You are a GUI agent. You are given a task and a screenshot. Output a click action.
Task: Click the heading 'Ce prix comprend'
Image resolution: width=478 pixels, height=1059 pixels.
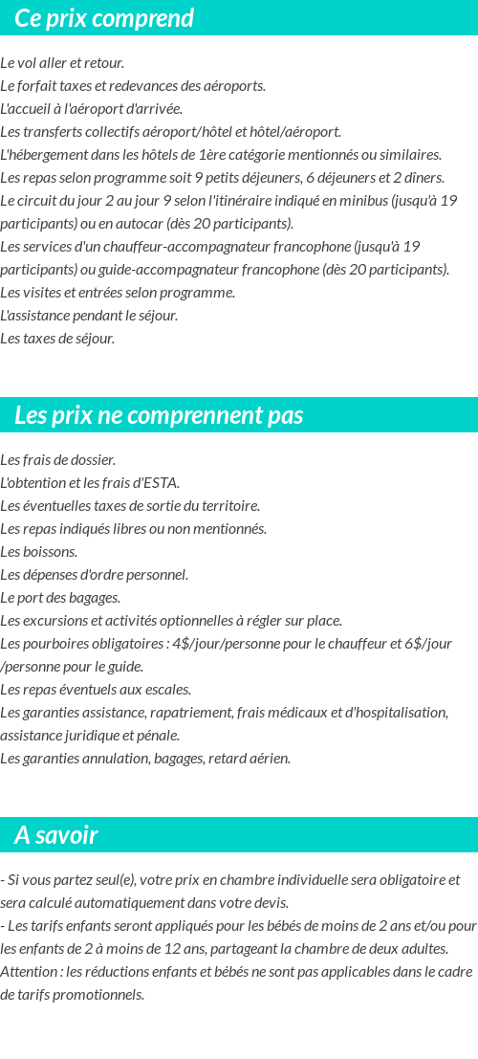click(x=104, y=18)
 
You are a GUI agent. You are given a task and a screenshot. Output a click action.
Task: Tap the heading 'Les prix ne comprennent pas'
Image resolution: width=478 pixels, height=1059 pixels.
click(x=159, y=415)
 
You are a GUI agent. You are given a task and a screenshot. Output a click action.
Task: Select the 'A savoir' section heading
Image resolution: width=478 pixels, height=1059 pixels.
click(x=56, y=835)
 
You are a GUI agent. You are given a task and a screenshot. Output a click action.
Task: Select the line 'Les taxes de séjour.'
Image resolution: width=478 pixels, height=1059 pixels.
click(x=57, y=339)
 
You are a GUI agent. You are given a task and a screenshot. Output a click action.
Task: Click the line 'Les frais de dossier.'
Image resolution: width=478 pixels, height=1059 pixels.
click(x=57, y=460)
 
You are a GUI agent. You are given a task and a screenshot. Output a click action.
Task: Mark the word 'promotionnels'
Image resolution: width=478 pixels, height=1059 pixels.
click(x=99, y=995)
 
